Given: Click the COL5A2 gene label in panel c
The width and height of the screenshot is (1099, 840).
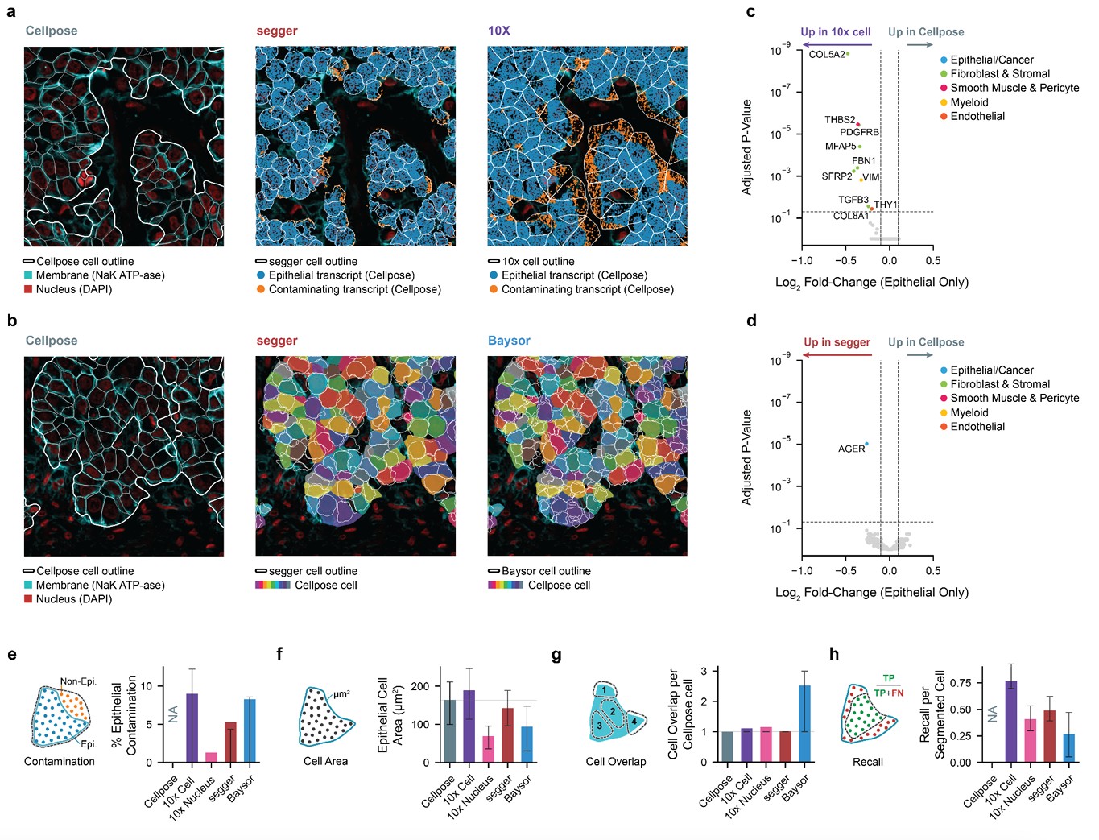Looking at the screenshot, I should click(x=827, y=55).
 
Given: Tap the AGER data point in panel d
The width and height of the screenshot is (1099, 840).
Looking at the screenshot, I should click(x=866, y=444).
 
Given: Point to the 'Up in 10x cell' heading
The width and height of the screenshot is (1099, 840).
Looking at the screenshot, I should click(x=835, y=32).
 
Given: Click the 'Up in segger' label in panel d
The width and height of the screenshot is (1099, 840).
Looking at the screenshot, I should click(x=837, y=342).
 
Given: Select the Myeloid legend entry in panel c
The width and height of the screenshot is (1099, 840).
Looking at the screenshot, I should click(x=969, y=102).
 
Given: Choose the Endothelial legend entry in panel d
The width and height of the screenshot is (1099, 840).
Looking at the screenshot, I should click(x=977, y=427).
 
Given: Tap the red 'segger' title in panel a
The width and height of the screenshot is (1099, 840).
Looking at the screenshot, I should click(x=277, y=31).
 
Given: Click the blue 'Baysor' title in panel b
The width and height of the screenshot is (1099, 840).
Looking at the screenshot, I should click(x=509, y=341).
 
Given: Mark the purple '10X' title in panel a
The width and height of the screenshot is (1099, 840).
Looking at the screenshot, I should click(x=499, y=31).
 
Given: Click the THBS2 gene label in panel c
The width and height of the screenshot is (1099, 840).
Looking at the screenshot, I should click(x=840, y=120).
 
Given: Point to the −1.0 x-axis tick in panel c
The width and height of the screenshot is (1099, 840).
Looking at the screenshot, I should click(x=801, y=261).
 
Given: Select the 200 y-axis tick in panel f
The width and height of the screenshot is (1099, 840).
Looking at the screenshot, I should click(x=420, y=686).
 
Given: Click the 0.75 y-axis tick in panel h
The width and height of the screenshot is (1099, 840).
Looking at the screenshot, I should click(x=960, y=683).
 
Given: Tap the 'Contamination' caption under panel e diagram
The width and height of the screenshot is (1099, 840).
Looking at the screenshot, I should click(x=60, y=761).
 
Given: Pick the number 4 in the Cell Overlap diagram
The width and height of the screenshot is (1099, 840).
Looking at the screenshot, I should click(x=634, y=721).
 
